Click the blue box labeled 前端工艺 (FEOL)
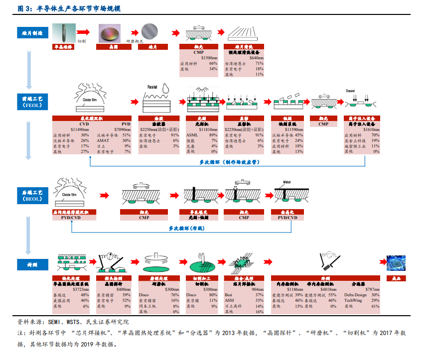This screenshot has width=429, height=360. pos(32,102)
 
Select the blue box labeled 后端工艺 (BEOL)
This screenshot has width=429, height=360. pos(32,195)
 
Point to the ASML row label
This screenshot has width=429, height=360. pos(192,135)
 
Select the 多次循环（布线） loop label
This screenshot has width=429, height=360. pos(186,228)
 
